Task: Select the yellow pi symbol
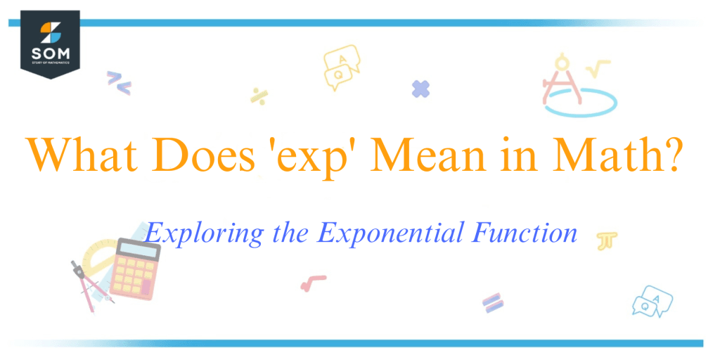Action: tap(604, 241)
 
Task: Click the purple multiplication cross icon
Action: tap(420, 89)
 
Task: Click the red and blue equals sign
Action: tap(493, 302)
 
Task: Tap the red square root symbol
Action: tap(313, 282)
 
